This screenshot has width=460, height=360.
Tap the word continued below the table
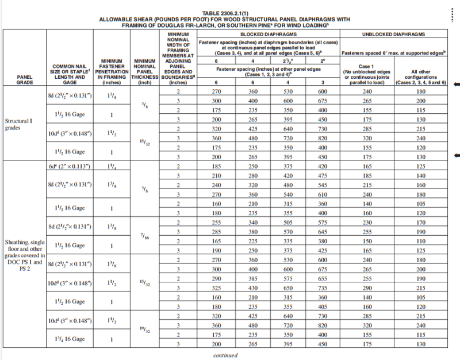(x=225, y=355)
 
